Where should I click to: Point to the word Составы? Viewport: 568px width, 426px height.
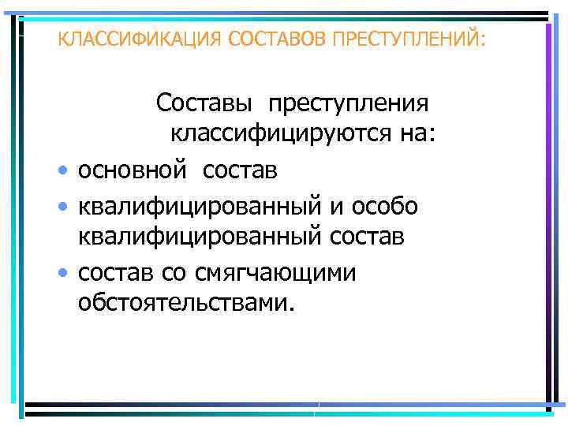[207, 103]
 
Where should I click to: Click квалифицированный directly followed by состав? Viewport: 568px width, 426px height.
[200, 236]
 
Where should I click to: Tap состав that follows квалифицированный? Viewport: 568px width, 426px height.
[368, 236]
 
